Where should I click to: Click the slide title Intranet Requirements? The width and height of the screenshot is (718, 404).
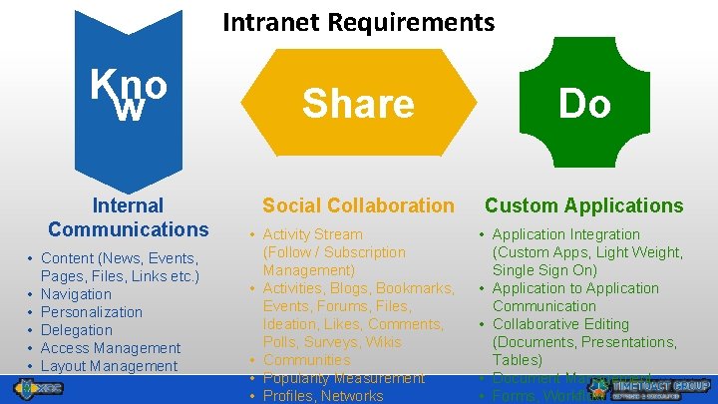pyautogui.click(x=358, y=21)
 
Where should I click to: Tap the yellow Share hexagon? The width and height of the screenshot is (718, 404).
pyautogui.click(x=358, y=103)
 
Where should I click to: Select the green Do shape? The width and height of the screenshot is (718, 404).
pyautogui.click(x=584, y=103)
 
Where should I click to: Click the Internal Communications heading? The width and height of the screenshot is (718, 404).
pyautogui.click(x=128, y=217)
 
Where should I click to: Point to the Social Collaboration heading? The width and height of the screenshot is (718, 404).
pyautogui.click(x=357, y=205)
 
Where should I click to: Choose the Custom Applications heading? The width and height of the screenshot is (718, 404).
pyautogui.click(x=583, y=205)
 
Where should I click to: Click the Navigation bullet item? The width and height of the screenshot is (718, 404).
pyautogui.click(x=76, y=294)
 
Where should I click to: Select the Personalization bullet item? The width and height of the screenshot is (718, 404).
pyautogui.click(x=91, y=312)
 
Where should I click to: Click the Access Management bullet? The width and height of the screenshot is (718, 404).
pyautogui.click(x=110, y=348)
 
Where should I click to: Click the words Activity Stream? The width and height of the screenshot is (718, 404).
pyautogui.click(x=313, y=234)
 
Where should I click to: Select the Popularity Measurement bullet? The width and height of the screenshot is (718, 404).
pyautogui.click(x=343, y=378)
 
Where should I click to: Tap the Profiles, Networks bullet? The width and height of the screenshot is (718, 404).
pyautogui.click(x=323, y=396)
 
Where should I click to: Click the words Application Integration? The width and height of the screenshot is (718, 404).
pyautogui.click(x=565, y=234)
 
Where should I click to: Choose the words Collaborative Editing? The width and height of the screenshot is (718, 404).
pyautogui.click(x=560, y=324)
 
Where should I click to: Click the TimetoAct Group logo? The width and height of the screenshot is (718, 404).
pyautogui.click(x=654, y=388)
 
